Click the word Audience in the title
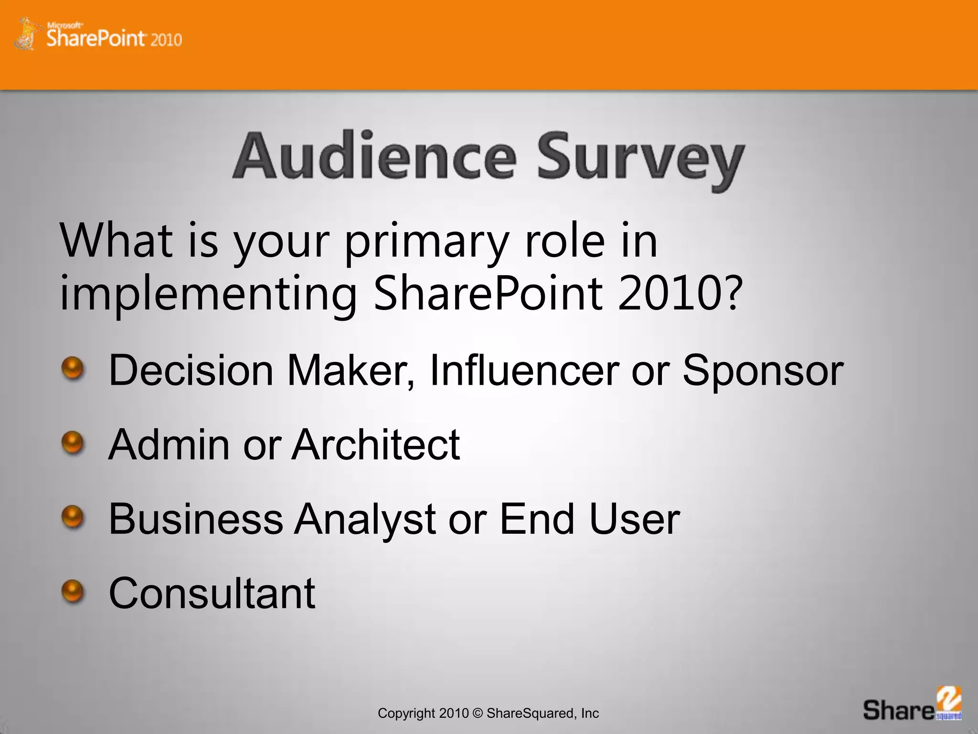coord(375,157)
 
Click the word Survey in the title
coord(640,160)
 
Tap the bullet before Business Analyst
coord(73,518)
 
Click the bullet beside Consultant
coord(73,592)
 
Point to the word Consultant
coord(212,593)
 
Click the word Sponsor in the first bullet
coord(763,371)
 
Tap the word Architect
coord(376,444)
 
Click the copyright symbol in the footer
coord(478,713)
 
